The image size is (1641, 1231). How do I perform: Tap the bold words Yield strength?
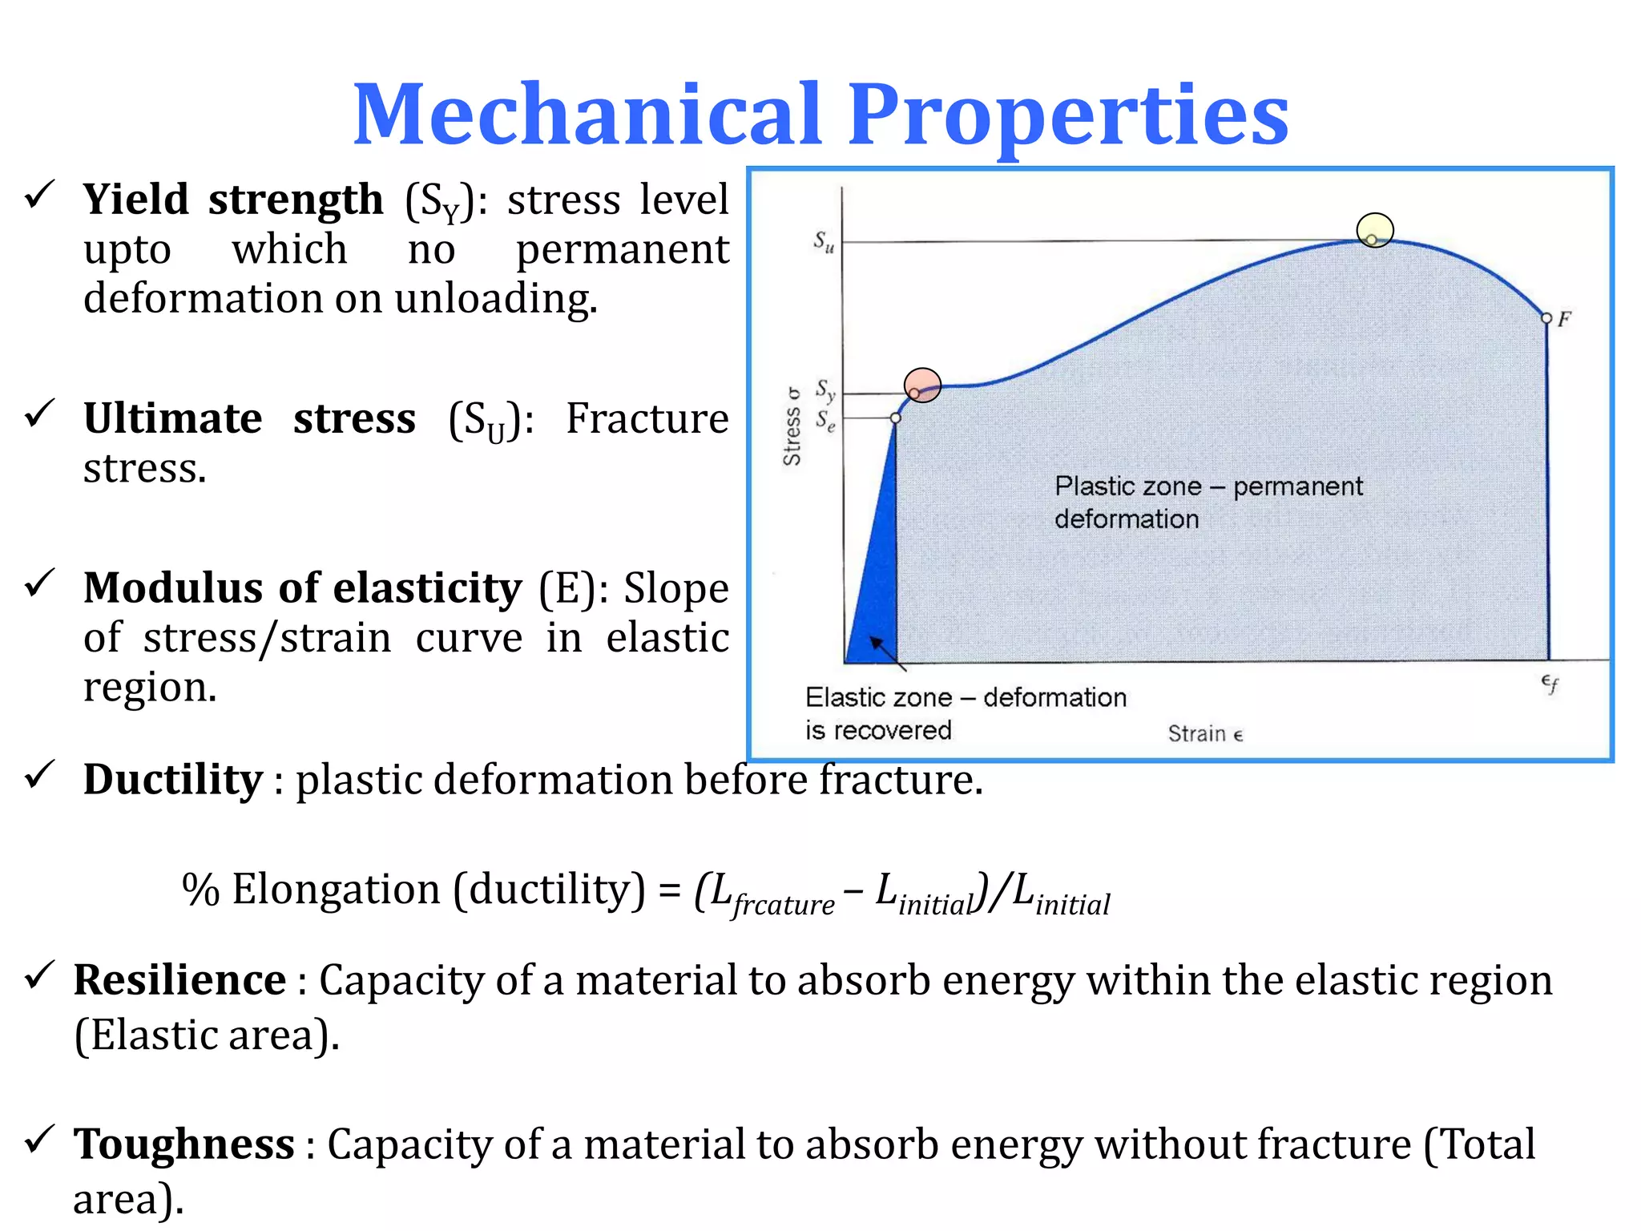click(x=233, y=200)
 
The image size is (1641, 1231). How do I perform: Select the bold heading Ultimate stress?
click(x=249, y=418)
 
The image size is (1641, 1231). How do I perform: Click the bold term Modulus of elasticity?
click(x=302, y=588)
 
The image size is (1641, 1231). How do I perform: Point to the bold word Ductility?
click(x=172, y=780)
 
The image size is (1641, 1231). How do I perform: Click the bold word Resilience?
click(x=179, y=980)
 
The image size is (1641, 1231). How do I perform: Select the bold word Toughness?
click(x=183, y=1144)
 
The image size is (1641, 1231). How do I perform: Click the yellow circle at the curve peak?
click(x=1374, y=230)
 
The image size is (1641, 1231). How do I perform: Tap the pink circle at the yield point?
click(x=922, y=385)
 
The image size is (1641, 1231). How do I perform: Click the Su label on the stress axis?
click(x=824, y=240)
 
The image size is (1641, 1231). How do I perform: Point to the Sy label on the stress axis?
click(x=825, y=390)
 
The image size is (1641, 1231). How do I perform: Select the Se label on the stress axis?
click(x=825, y=420)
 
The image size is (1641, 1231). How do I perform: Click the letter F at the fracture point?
click(x=1564, y=319)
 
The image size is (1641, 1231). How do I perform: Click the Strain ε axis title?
click(x=1204, y=733)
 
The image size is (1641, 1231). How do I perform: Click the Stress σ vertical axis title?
click(x=792, y=426)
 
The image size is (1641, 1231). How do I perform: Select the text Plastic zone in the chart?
click(x=1127, y=486)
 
